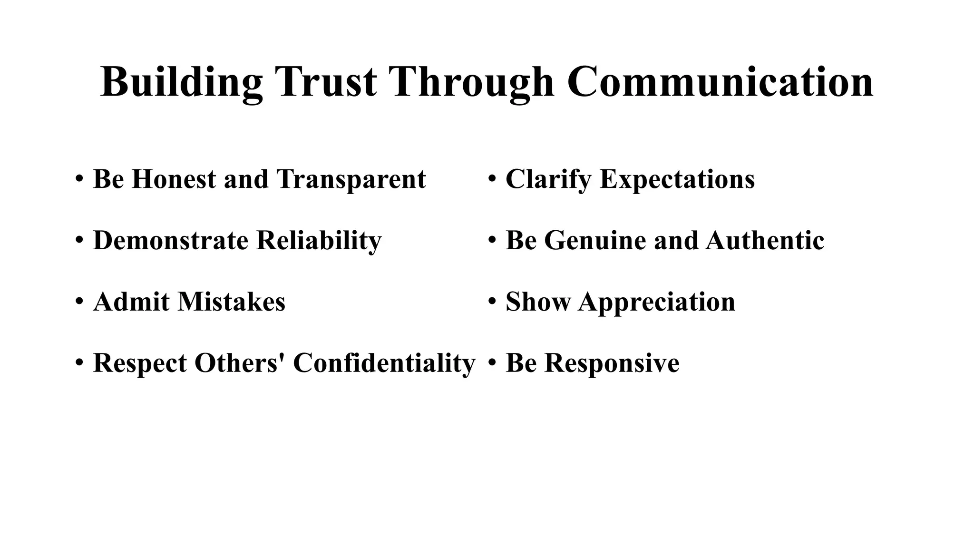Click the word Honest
point(173,179)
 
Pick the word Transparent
point(351,179)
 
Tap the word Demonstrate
point(171,240)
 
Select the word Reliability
point(319,240)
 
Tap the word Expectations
point(677,179)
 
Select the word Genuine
point(595,240)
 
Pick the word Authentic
point(765,240)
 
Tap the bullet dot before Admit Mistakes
point(79,302)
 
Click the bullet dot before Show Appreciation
point(492,302)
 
